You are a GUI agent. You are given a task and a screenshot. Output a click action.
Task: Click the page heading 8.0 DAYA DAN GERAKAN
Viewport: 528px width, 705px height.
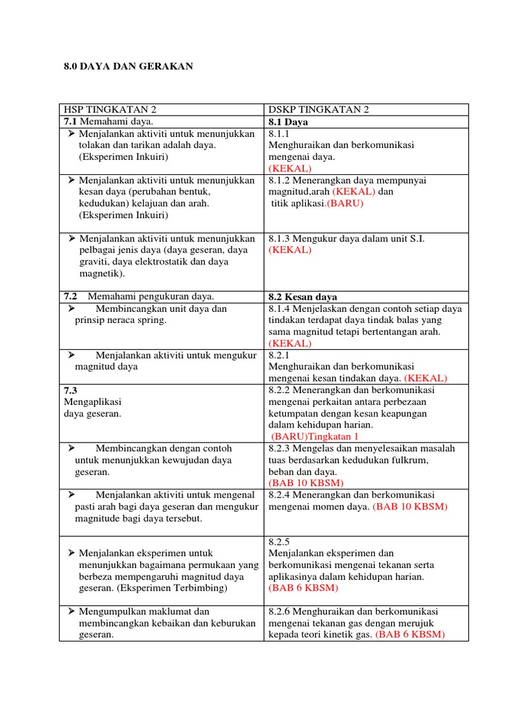click(x=129, y=66)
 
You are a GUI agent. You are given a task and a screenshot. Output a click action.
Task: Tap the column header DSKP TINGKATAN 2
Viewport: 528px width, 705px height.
click(x=318, y=110)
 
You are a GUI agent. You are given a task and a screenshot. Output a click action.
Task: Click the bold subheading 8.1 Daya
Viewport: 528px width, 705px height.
click(x=288, y=122)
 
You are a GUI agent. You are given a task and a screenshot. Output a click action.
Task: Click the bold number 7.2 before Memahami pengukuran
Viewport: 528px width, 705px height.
click(x=71, y=297)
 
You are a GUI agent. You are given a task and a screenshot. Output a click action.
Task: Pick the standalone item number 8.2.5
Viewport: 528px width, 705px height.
click(x=280, y=542)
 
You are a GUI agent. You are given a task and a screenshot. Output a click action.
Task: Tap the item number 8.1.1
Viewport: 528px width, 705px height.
click(x=280, y=134)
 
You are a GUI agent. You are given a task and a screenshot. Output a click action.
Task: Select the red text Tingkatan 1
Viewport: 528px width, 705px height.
click(x=335, y=436)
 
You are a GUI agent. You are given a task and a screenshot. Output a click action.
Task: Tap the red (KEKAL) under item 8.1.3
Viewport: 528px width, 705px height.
click(x=289, y=250)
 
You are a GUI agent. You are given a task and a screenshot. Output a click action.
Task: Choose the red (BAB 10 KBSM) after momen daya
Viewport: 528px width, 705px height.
click(x=410, y=507)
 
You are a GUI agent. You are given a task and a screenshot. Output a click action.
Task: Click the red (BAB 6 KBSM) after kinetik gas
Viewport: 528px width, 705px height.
click(x=410, y=635)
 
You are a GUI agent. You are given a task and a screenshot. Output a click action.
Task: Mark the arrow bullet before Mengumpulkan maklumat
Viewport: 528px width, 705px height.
click(x=71, y=611)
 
